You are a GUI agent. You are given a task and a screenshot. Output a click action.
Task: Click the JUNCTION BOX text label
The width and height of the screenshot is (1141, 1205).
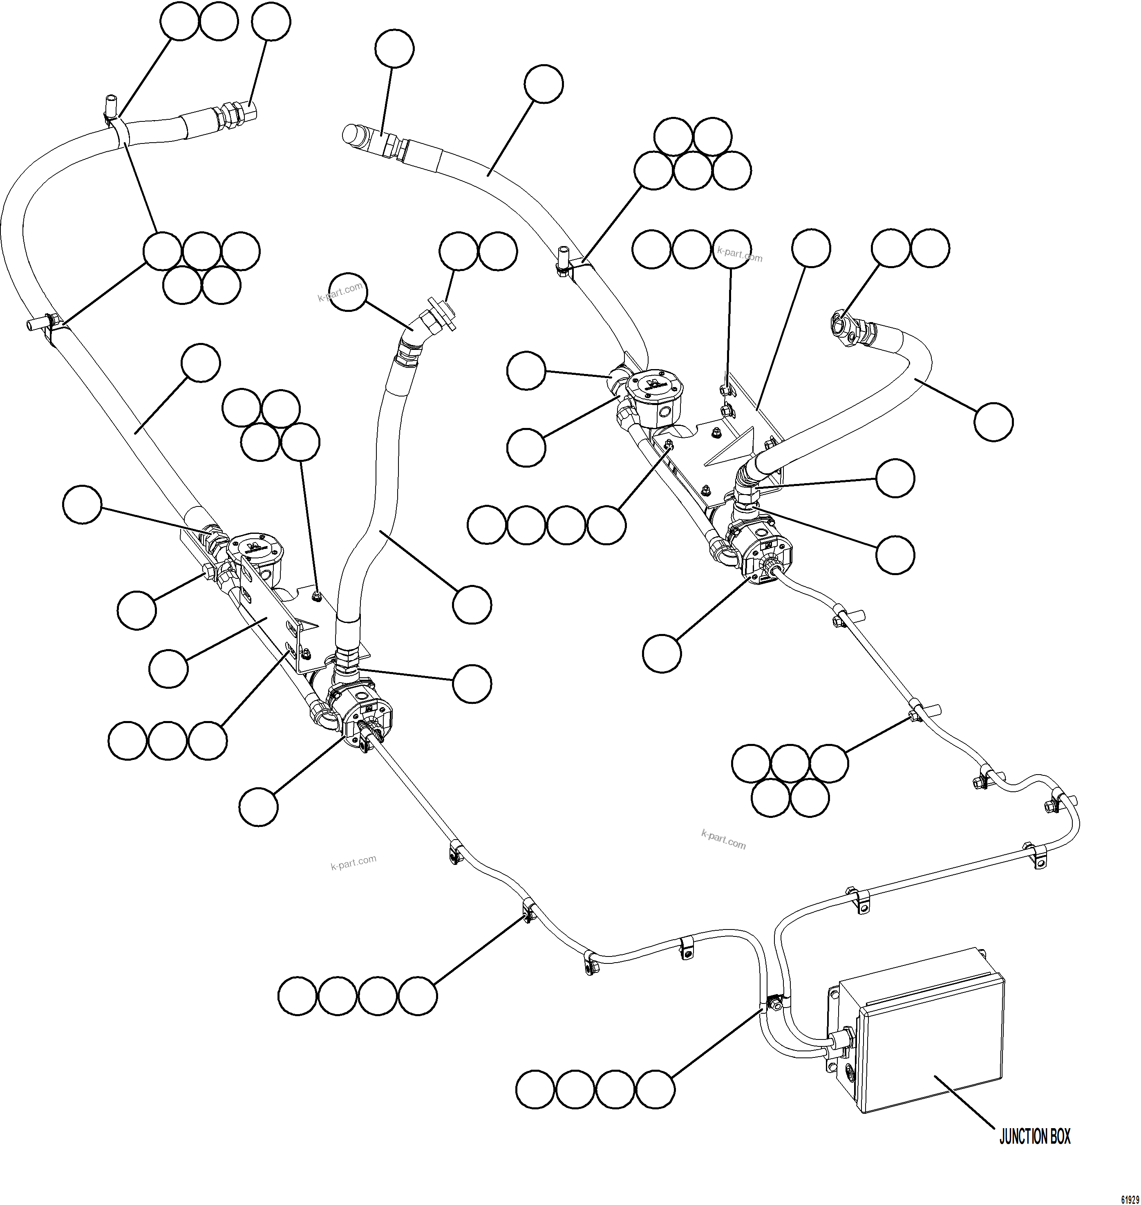click(1035, 1136)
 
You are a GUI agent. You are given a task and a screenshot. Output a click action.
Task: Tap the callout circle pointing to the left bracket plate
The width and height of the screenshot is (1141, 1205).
click(168, 668)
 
